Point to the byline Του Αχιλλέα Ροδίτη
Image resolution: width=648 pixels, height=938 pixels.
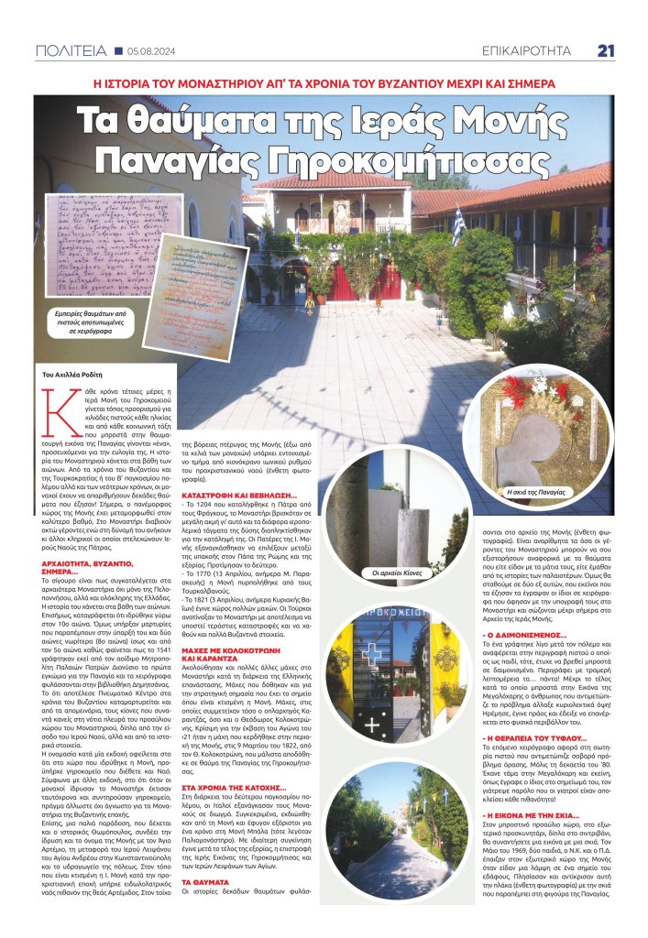pos(79,376)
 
